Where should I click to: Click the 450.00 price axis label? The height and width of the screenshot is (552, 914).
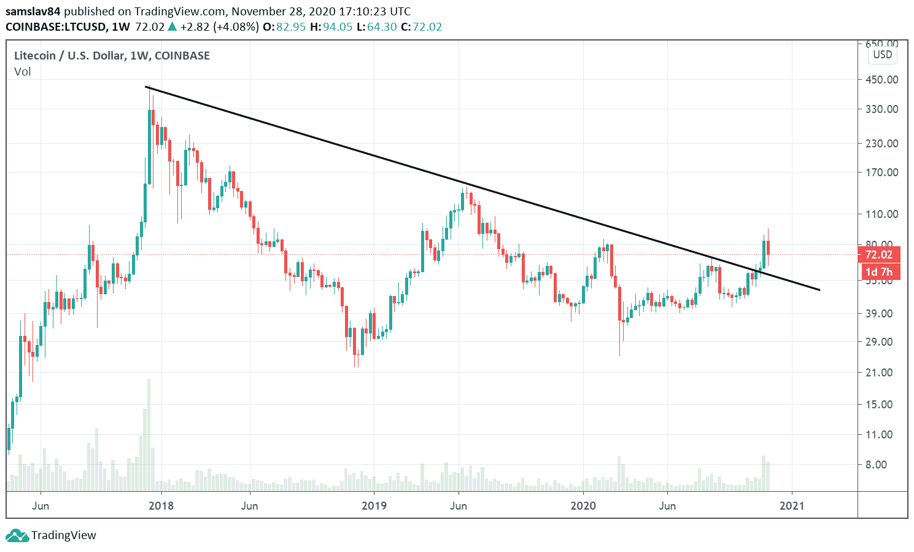881,79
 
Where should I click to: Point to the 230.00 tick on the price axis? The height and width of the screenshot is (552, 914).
881,143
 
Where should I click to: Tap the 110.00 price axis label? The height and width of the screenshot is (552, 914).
881,214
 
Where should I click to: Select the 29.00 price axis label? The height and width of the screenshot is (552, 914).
879,342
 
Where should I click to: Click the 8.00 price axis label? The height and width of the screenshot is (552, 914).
877,465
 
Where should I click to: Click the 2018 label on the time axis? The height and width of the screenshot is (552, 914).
161,505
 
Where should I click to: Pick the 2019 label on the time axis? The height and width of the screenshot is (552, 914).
374,505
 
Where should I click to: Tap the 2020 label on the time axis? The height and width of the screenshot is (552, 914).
583,505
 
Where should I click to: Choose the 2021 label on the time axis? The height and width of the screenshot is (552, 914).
792,505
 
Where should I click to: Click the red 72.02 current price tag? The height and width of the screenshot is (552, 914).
878,255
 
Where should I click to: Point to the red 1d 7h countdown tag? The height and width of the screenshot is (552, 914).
878,272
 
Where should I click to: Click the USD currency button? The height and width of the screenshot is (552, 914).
883,55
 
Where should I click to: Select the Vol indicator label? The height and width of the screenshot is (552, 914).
23,72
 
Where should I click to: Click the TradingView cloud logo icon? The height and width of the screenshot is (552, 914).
17,535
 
